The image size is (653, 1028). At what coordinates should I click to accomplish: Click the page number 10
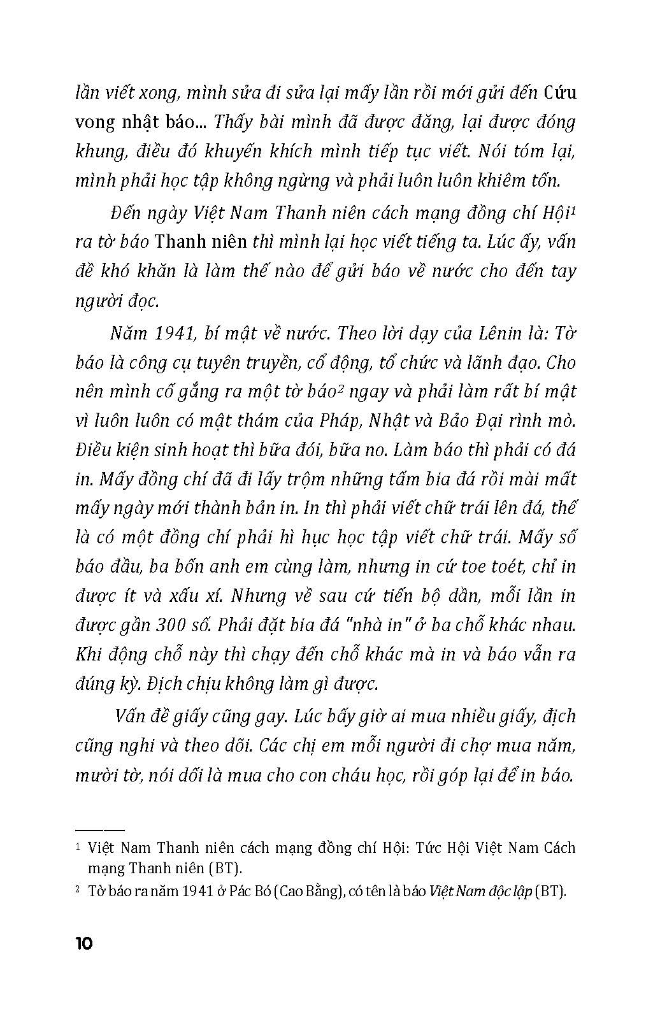[x=84, y=943]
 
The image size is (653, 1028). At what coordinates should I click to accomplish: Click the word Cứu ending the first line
[x=560, y=93]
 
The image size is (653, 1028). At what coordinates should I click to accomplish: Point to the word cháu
[x=302, y=775]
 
